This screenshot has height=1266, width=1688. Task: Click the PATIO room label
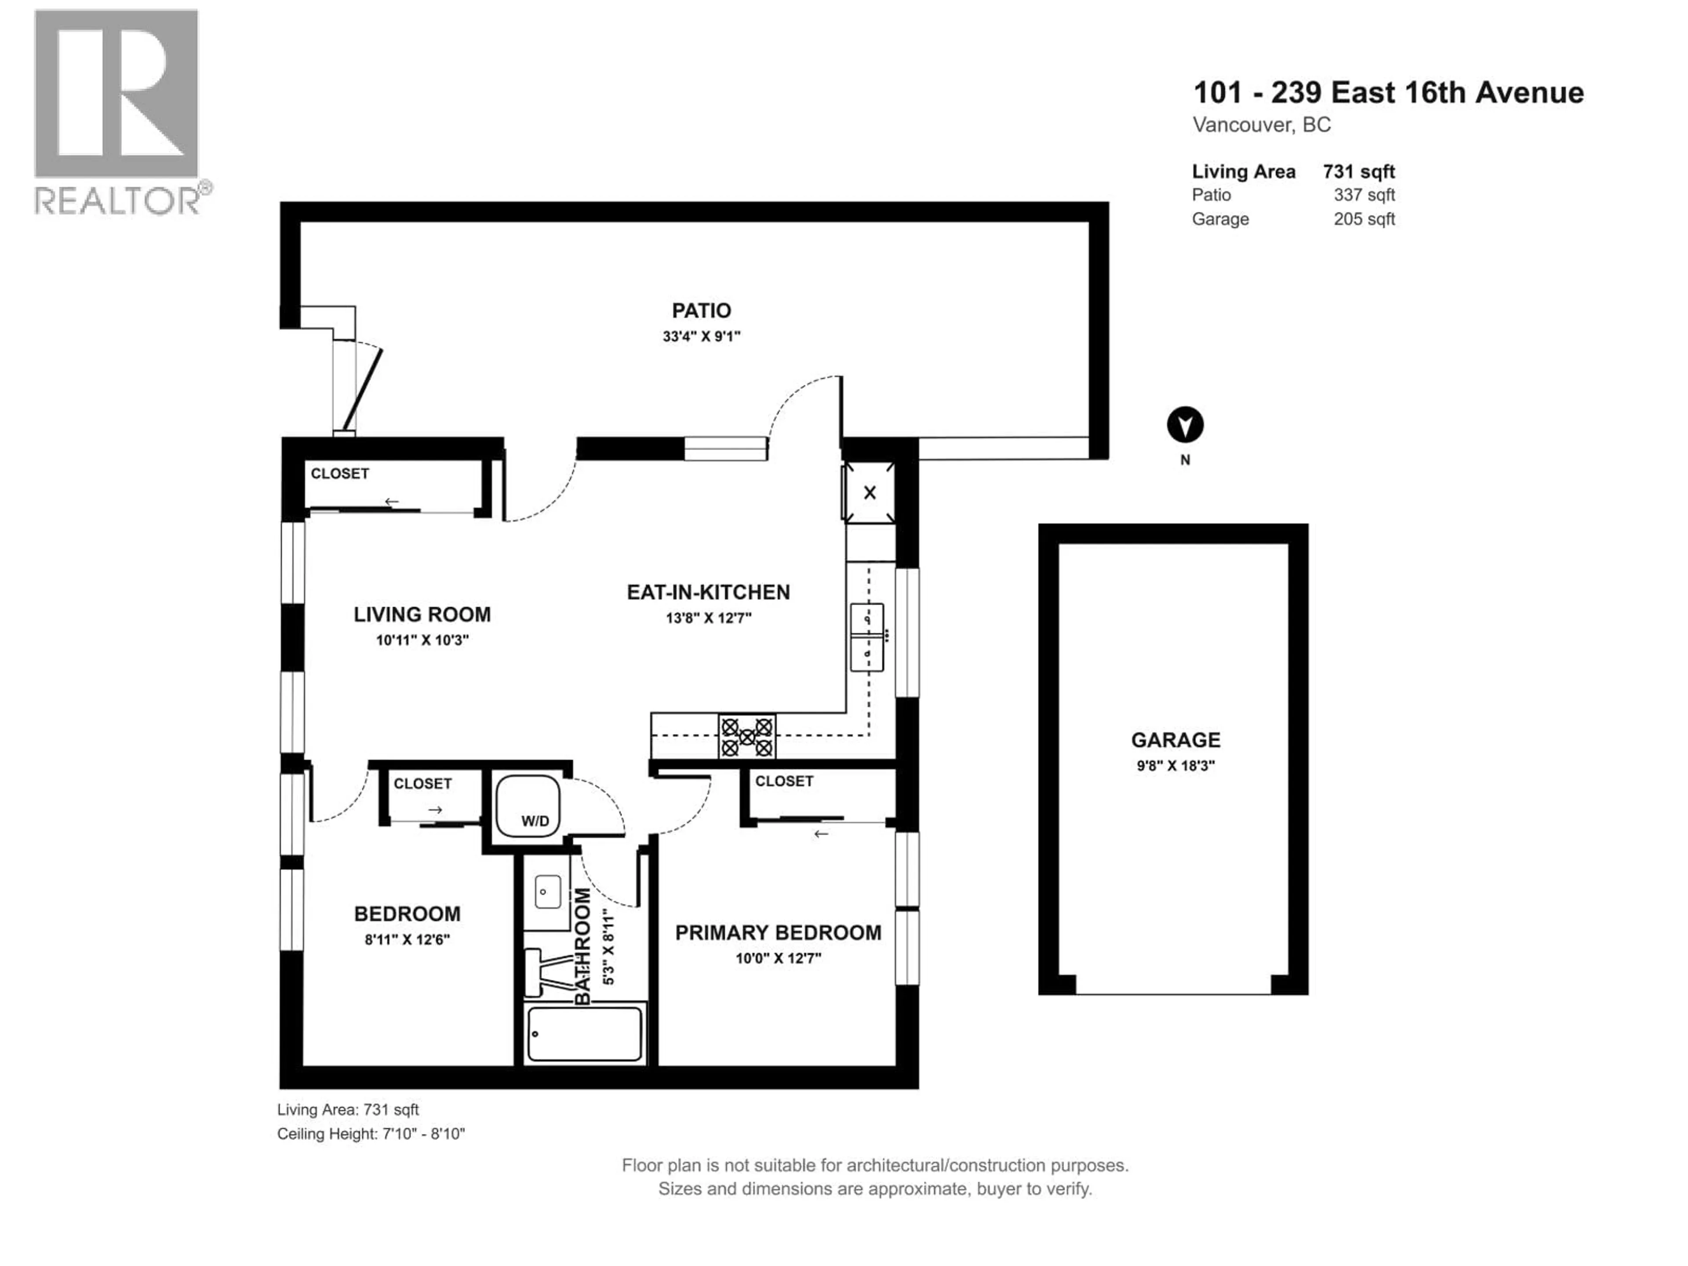point(701,311)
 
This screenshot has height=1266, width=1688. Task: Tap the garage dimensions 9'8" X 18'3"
point(1175,765)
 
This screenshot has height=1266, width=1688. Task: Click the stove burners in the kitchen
point(746,736)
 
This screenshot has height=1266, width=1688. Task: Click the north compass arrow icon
point(1184,425)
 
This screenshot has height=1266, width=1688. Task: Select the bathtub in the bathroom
point(585,1034)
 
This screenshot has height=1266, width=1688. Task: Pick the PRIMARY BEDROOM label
point(778,932)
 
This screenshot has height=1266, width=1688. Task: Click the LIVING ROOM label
point(422,614)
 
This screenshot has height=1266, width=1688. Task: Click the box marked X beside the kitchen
point(869,493)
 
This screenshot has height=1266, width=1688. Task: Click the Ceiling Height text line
point(371,1134)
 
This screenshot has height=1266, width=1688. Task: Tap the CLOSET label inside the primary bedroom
point(784,782)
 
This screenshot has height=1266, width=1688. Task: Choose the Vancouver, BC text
point(1262,125)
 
